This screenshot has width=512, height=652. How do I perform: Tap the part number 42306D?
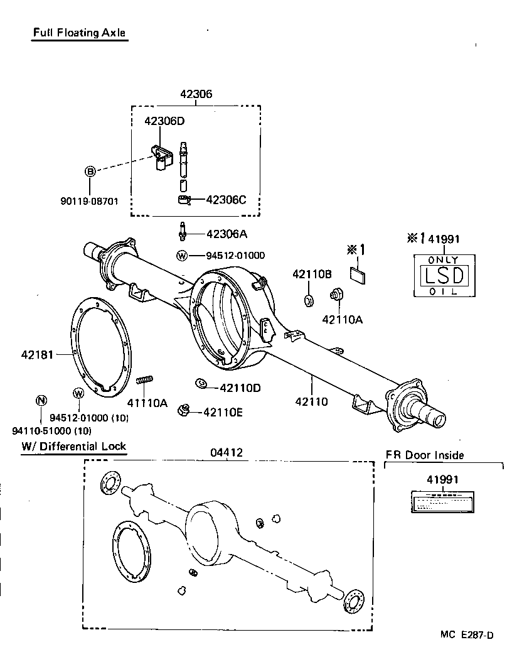[164, 120]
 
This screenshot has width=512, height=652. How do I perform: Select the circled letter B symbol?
[90, 171]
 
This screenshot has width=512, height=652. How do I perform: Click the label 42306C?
[226, 200]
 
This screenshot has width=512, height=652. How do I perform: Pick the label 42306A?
[227, 234]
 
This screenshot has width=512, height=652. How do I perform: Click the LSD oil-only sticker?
[443, 275]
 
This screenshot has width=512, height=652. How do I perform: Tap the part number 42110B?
[311, 274]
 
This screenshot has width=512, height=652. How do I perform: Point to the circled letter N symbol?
[41, 400]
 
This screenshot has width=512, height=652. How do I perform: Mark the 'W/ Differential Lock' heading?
[73, 447]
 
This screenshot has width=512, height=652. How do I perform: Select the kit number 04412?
[227, 452]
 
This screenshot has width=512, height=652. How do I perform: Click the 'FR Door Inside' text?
[425, 455]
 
